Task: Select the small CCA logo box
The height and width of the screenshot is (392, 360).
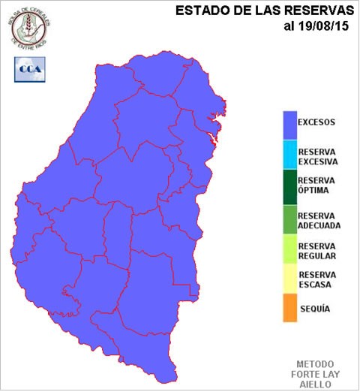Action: (x=29, y=68)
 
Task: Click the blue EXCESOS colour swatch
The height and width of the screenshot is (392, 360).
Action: (x=289, y=125)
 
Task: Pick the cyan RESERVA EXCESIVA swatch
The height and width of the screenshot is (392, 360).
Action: (x=289, y=155)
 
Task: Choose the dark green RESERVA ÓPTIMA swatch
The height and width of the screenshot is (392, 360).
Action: (x=289, y=186)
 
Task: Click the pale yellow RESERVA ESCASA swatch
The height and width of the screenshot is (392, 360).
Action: (x=289, y=280)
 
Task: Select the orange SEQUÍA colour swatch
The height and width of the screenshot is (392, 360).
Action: (x=289, y=308)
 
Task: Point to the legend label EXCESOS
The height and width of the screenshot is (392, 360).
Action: (x=316, y=122)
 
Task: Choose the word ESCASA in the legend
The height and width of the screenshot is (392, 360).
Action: (x=314, y=285)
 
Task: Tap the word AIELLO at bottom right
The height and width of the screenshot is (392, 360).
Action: (x=315, y=382)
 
